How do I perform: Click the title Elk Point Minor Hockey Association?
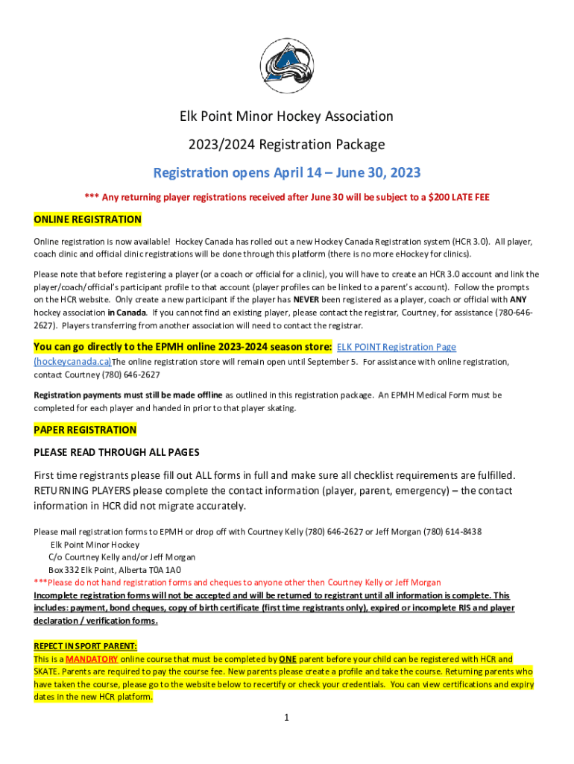[x=287, y=116]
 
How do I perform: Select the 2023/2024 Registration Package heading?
[x=287, y=144]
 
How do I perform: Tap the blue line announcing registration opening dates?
[x=287, y=173]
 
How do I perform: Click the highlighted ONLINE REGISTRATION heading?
[x=87, y=220]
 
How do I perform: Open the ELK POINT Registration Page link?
[x=397, y=347]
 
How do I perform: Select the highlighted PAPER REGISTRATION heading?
[x=85, y=430]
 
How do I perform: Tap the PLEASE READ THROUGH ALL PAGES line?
[x=116, y=452]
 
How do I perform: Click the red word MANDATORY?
[x=92, y=660]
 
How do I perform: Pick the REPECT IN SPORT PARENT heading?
[x=85, y=646]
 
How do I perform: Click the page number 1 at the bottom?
[x=286, y=718]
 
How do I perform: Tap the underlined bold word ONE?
[x=288, y=660]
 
